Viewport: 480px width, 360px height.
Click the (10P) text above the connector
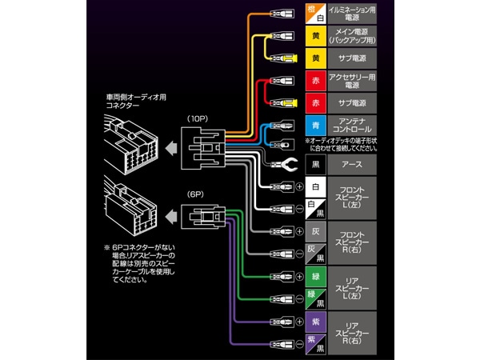(198, 118)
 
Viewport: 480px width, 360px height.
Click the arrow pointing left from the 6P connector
(170, 216)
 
